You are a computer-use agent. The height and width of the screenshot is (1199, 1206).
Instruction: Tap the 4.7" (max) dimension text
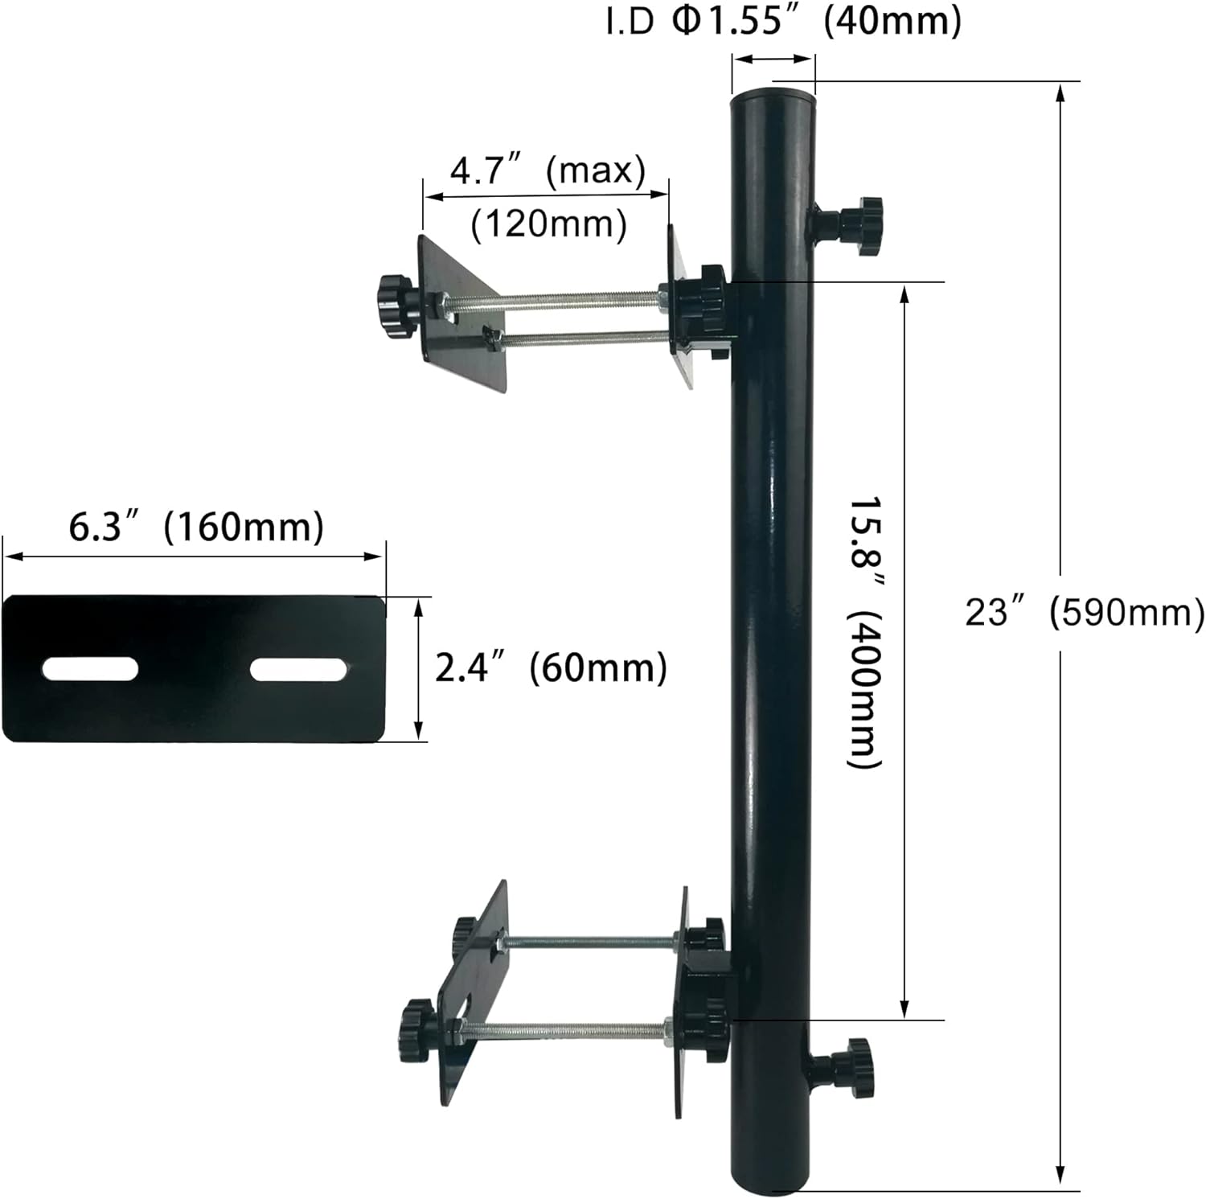point(547,170)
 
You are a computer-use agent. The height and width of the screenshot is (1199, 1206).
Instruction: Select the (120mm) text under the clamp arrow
point(548,224)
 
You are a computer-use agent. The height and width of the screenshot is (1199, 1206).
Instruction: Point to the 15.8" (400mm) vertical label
point(867,631)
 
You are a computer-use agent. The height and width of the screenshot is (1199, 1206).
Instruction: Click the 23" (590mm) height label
point(1084,613)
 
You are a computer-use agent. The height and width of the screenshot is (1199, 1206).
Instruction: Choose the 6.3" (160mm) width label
point(195,528)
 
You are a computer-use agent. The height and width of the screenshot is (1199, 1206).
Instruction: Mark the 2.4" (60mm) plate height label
point(551,667)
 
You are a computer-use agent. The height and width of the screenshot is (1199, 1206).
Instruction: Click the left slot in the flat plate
point(90,669)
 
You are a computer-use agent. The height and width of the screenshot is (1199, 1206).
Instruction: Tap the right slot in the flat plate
point(298,669)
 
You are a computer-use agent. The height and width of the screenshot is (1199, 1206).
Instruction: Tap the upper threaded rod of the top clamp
point(555,303)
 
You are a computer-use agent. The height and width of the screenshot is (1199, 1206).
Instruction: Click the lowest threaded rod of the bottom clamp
point(563,1027)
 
